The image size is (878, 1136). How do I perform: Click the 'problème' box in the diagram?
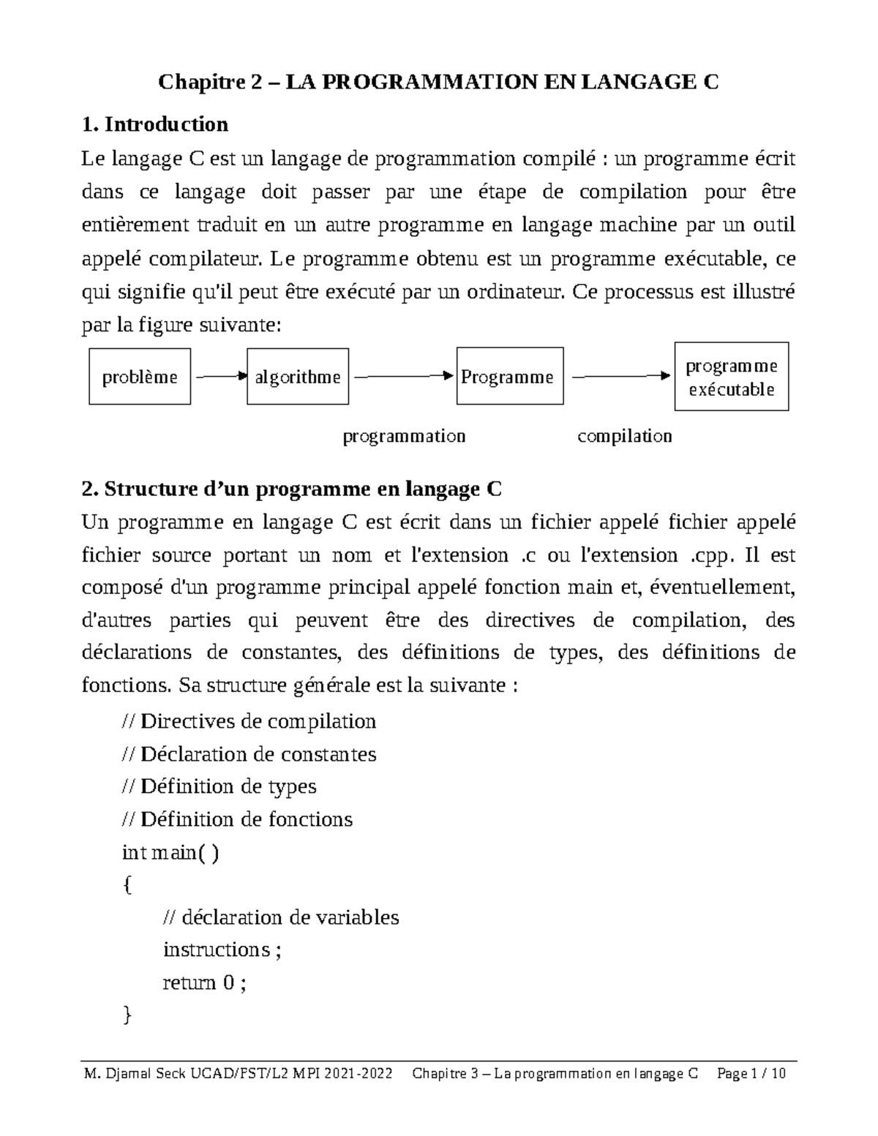coord(140,377)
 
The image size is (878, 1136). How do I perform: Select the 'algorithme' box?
coord(298,377)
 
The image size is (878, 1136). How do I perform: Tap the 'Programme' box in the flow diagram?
coord(510,377)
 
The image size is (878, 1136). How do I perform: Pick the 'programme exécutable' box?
coord(731,377)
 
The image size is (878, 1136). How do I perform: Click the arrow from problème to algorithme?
coord(219,377)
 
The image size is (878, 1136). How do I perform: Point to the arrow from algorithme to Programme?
coord(403,376)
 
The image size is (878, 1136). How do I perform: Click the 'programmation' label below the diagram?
coord(404,437)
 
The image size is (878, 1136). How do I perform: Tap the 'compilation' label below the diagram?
coord(624,437)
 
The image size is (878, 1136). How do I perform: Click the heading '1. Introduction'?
coord(155,124)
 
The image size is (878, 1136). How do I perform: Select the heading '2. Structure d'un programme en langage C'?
coord(292,489)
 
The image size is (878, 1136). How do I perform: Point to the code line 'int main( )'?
coord(170,852)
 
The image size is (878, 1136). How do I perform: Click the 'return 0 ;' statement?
coord(204,982)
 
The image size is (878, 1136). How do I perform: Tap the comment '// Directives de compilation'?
coord(248,721)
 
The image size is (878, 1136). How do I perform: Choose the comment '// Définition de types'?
coord(218,786)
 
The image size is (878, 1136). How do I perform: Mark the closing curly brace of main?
coord(127,1015)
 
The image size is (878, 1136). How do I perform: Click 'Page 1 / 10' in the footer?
coord(751,1074)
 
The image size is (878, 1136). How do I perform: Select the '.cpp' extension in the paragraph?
coord(710,555)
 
